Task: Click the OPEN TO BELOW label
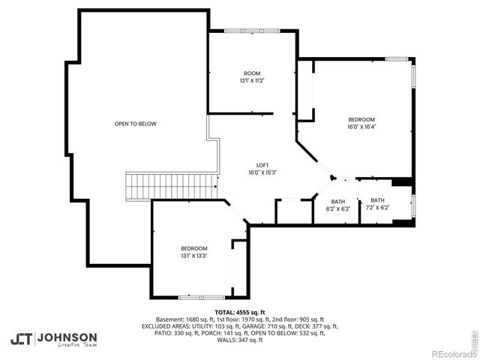(x=135, y=124)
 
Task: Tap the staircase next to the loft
(x=172, y=185)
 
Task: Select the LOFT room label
(x=262, y=165)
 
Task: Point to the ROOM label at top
(x=251, y=73)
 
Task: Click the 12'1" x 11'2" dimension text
(x=251, y=80)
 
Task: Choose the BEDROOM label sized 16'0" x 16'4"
(x=361, y=119)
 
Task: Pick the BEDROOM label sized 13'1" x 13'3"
(x=193, y=248)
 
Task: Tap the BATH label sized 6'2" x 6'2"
(x=338, y=200)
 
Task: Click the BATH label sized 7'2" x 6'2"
(x=376, y=200)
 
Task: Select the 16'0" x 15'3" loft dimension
(x=262, y=172)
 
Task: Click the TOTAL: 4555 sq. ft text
(x=239, y=312)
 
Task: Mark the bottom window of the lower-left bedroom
(x=193, y=297)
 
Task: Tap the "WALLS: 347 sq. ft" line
(x=239, y=340)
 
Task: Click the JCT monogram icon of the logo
(x=22, y=339)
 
